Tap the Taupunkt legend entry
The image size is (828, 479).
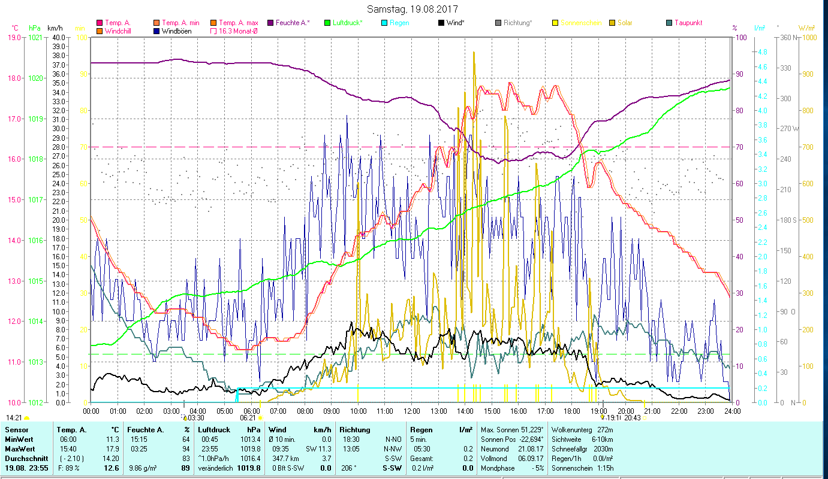[688, 23]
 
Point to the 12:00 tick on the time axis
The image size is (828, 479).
[412, 411]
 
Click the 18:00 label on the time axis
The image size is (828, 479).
[572, 411]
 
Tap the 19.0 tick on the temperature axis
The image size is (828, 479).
[14, 38]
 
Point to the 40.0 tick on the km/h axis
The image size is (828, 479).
[59, 38]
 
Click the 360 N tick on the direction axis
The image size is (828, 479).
[789, 38]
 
